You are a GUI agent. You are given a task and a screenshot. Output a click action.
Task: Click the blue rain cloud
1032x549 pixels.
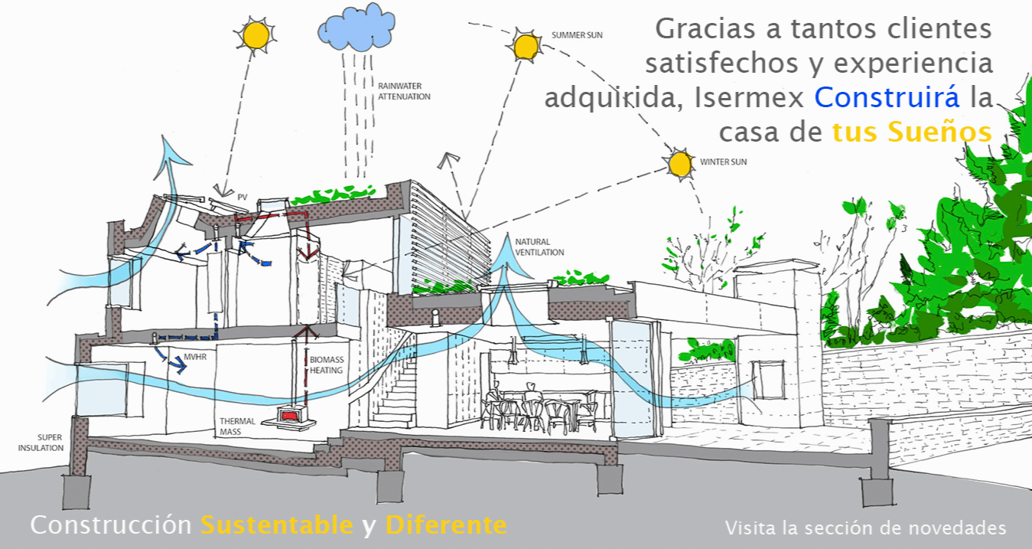point(356,28)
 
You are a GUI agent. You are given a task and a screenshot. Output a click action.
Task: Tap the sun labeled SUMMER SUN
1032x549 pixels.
point(526,46)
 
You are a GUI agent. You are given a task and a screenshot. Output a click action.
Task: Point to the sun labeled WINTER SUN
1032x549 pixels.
point(679,164)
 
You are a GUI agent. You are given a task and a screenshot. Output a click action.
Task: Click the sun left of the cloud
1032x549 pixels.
point(256,35)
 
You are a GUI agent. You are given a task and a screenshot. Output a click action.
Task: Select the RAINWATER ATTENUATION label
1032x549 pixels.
point(404,91)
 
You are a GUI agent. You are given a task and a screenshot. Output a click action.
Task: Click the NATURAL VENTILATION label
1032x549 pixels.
point(539,247)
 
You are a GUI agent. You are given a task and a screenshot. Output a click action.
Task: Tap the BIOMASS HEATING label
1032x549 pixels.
point(327,364)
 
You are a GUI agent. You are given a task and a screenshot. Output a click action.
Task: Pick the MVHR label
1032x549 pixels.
point(195,357)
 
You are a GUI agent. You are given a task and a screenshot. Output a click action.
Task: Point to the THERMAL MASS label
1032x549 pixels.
point(237,426)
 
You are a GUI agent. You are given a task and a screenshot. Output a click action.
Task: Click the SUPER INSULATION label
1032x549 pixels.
point(41,443)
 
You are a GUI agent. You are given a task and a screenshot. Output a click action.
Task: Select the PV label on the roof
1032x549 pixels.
point(243,198)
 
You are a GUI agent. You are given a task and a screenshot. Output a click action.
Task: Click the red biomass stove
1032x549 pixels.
point(289,415)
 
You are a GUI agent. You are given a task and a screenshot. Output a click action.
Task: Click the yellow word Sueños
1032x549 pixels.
point(939,132)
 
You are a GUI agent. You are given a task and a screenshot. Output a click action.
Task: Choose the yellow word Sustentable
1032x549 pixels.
point(277,525)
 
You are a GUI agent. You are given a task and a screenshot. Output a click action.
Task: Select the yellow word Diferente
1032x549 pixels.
point(446,525)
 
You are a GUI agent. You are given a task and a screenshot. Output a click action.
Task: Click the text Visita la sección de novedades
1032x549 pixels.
point(865,528)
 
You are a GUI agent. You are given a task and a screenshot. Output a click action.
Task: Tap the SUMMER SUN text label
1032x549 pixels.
point(577,35)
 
